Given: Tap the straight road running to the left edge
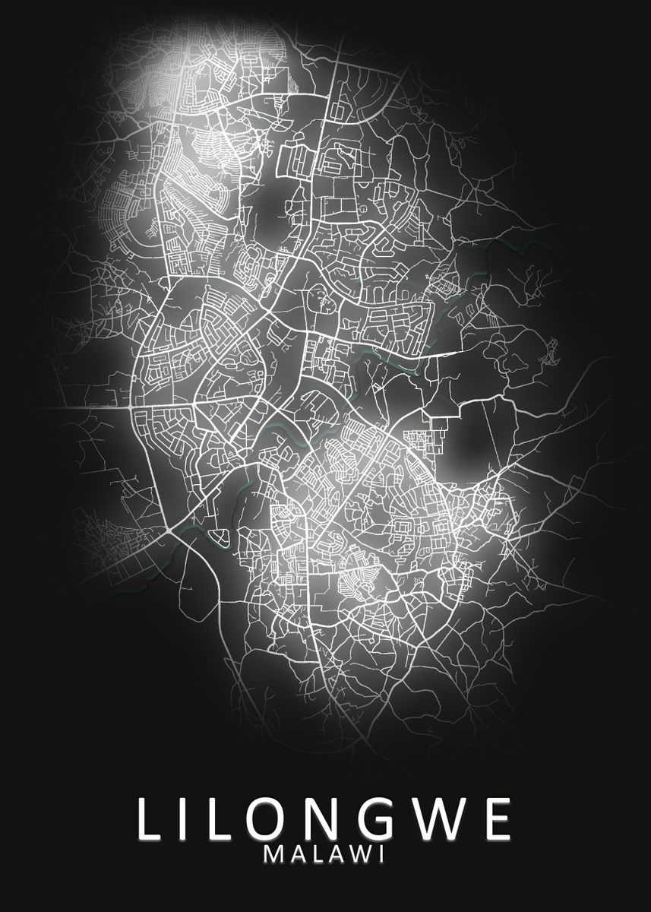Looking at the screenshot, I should point(68,407).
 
